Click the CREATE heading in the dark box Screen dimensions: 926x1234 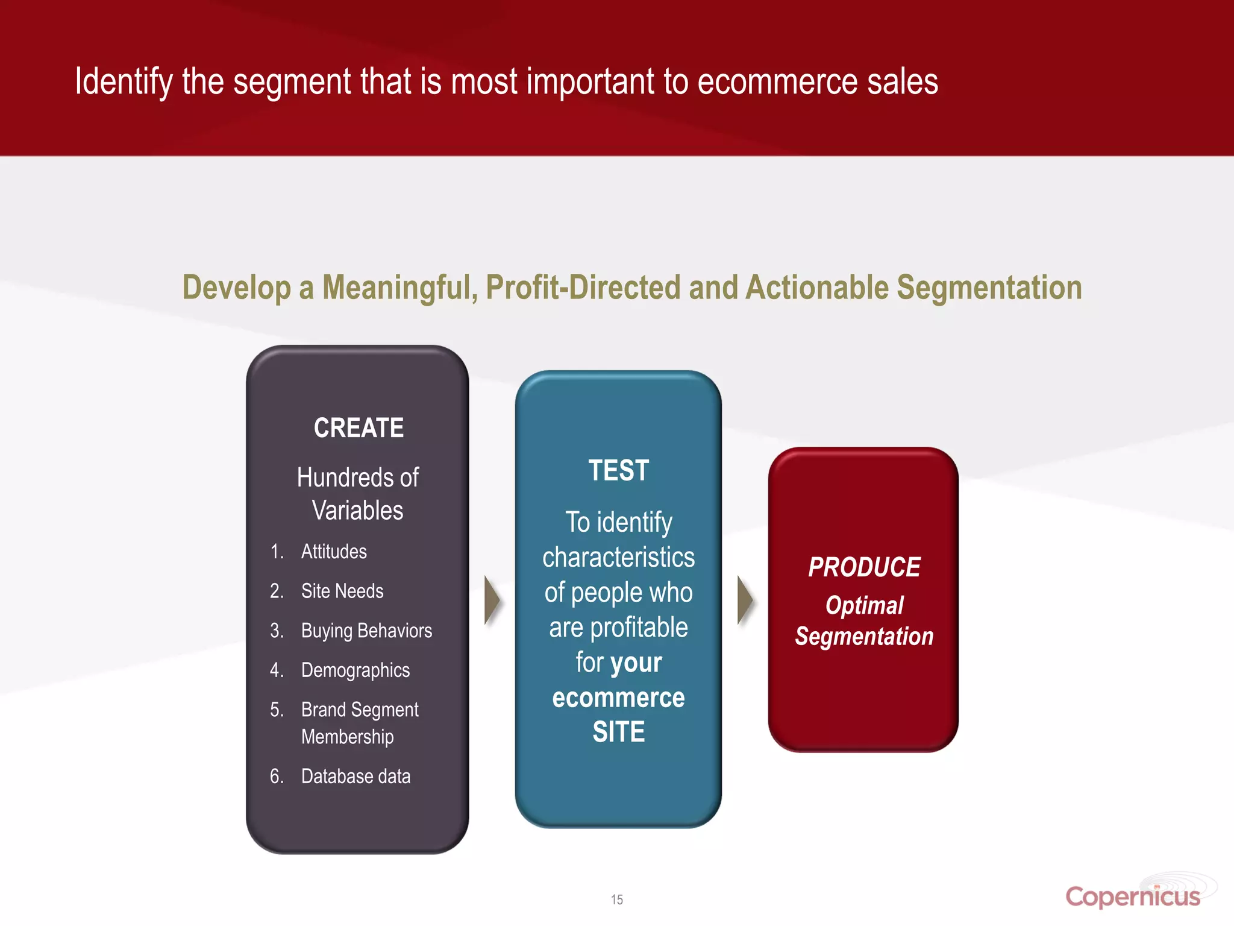pyautogui.click(x=359, y=428)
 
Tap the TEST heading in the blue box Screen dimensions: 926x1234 pyautogui.click(x=618, y=470)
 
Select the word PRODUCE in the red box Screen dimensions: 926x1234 pyautogui.click(x=864, y=567)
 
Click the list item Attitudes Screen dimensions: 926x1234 pyautogui.click(x=334, y=552)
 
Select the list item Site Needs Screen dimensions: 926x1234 pyautogui.click(x=342, y=591)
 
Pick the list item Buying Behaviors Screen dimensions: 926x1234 pyautogui.click(x=366, y=631)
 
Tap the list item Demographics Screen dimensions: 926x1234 pyautogui.click(x=355, y=670)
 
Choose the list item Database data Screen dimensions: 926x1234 pyautogui.click(x=355, y=776)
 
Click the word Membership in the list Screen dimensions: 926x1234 pyautogui.click(x=347, y=737)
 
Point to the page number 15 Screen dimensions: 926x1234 pyautogui.click(x=616, y=899)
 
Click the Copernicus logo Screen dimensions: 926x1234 pyautogui.click(x=1133, y=896)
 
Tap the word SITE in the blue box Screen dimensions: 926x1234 pyautogui.click(x=618, y=732)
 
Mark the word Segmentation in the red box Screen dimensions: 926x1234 pyautogui.click(x=864, y=637)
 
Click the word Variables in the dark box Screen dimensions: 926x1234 pyautogui.click(x=357, y=511)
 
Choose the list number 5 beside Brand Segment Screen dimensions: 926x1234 pyautogui.click(x=276, y=710)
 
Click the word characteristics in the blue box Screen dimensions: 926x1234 pyautogui.click(x=618, y=558)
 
